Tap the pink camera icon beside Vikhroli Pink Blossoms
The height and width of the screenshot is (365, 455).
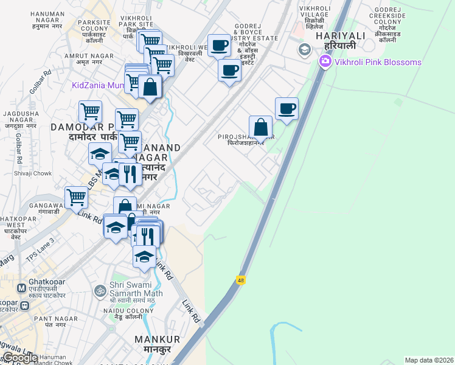[x=324, y=61]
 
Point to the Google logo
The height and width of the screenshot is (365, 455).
[x=19, y=358]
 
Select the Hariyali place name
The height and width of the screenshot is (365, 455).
[x=339, y=41]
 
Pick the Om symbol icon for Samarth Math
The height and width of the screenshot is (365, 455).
[x=100, y=291]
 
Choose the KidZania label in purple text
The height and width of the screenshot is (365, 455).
[x=97, y=85]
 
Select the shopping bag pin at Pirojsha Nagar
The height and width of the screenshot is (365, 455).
[x=260, y=128]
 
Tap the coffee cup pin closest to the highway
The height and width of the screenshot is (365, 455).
[x=287, y=109]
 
